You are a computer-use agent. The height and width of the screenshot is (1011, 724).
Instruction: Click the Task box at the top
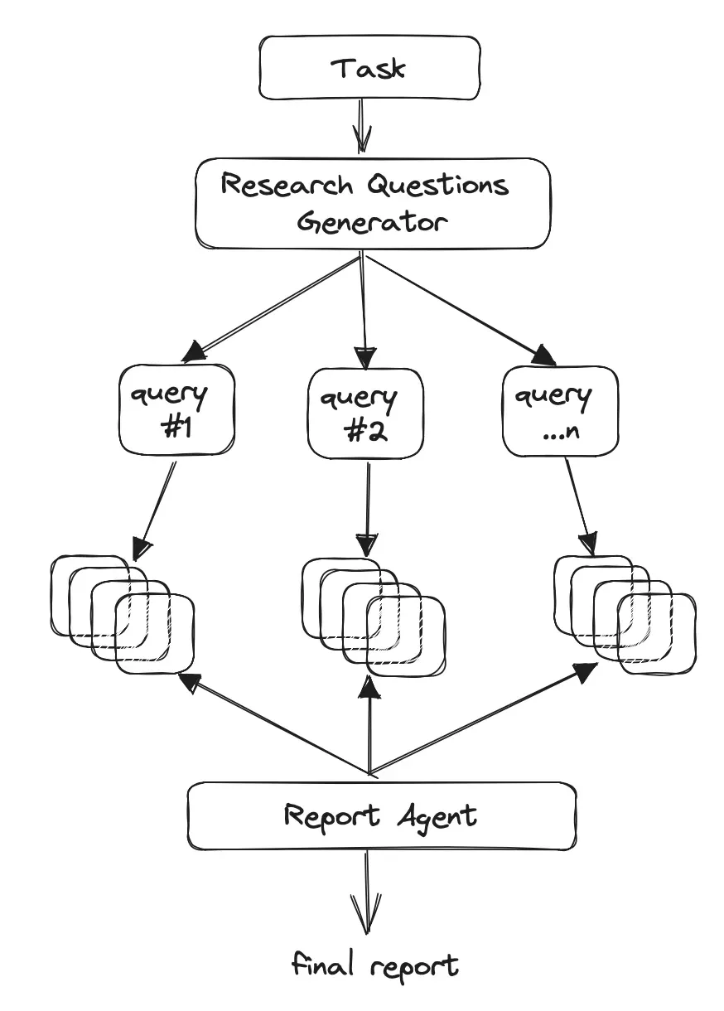369,66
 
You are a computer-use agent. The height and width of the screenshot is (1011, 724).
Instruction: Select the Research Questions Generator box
372,203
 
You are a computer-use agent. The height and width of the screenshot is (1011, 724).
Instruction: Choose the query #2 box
365,413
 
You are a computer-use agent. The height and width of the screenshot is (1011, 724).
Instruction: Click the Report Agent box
381,816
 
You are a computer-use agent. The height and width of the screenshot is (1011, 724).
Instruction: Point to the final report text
375,966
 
